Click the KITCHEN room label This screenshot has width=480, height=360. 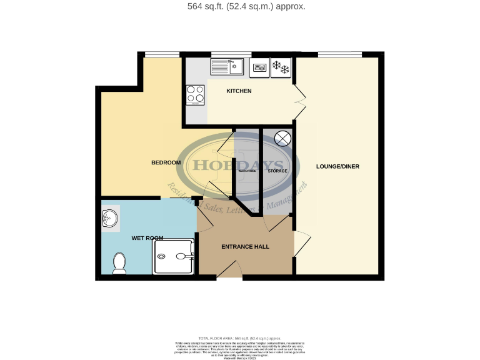click(x=239, y=91)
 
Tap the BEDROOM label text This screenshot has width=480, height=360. click(x=166, y=163)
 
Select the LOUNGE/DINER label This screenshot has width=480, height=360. click(x=338, y=166)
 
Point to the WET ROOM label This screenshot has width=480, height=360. click(x=147, y=238)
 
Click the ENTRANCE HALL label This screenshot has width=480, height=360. click(x=245, y=247)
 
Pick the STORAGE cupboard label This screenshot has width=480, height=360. click(x=277, y=171)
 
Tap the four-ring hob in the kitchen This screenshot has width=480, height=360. click(x=196, y=95)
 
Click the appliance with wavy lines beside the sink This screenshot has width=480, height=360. click(x=259, y=67)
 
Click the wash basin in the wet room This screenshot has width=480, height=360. click(x=109, y=219)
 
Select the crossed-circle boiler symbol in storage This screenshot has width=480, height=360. click(x=282, y=138)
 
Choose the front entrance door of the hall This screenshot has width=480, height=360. click(x=231, y=270)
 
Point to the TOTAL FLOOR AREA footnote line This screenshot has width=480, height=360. click(x=240, y=337)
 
